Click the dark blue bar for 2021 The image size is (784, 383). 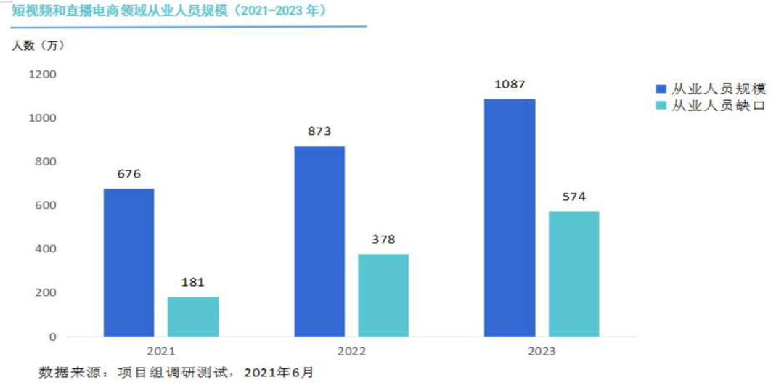(x=128, y=263)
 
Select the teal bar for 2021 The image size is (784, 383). (x=192, y=316)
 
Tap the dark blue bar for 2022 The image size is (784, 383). (x=319, y=241)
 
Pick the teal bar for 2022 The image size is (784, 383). (x=383, y=295)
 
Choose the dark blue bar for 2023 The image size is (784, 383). (x=510, y=218)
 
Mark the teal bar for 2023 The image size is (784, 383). (x=573, y=273)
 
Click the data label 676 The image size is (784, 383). (x=128, y=174)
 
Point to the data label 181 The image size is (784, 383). (x=192, y=282)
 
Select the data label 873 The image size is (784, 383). (x=319, y=131)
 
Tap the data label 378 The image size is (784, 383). (x=383, y=239)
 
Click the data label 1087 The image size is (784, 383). (x=510, y=84)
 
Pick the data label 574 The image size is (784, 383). (x=573, y=197)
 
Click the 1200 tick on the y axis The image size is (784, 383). (x=42, y=74)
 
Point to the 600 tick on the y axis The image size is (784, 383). (x=46, y=205)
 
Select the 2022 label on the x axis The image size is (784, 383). (x=351, y=352)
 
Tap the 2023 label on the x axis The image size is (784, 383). (x=542, y=352)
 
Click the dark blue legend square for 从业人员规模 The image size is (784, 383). (x=661, y=89)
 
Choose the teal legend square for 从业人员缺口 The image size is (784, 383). (x=661, y=107)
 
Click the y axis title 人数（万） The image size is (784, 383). (x=38, y=46)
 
